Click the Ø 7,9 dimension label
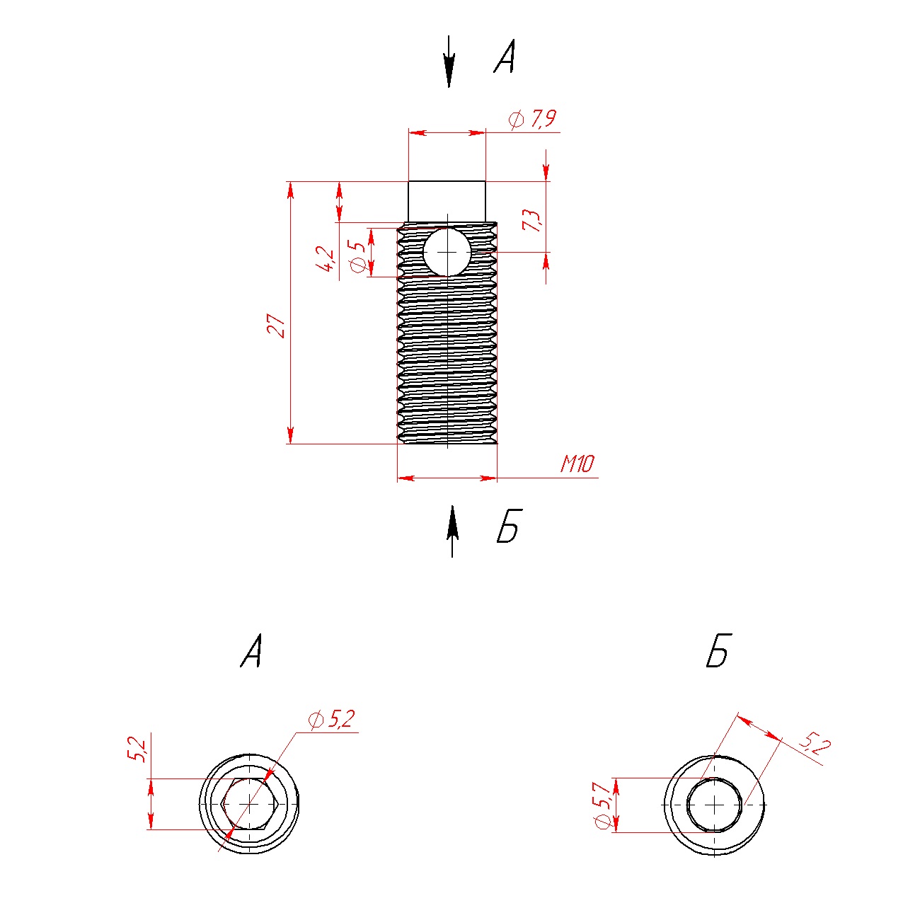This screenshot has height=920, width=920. click(533, 119)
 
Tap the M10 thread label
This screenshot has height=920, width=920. click(577, 464)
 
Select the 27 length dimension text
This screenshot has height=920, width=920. click(276, 326)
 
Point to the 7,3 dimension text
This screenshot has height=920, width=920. click(531, 220)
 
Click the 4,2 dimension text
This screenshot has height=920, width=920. click(327, 260)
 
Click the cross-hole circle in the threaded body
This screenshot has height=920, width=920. click(447, 252)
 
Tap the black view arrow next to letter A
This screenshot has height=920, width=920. click(449, 61)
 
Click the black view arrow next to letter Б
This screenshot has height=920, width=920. click(452, 531)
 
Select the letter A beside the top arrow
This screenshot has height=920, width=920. click(505, 57)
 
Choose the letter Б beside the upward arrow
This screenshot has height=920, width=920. click(510, 526)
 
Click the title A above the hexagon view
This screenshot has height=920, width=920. click(252, 650)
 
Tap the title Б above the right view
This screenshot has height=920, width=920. click(718, 650)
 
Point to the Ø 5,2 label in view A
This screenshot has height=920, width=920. click(332, 720)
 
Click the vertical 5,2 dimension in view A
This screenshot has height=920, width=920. click(137, 749)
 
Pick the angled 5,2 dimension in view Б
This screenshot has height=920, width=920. click(815, 744)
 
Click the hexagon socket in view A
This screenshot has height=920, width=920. click(251, 804)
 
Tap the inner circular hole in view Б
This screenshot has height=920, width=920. click(714, 805)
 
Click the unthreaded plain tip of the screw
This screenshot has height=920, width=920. click(447, 202)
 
